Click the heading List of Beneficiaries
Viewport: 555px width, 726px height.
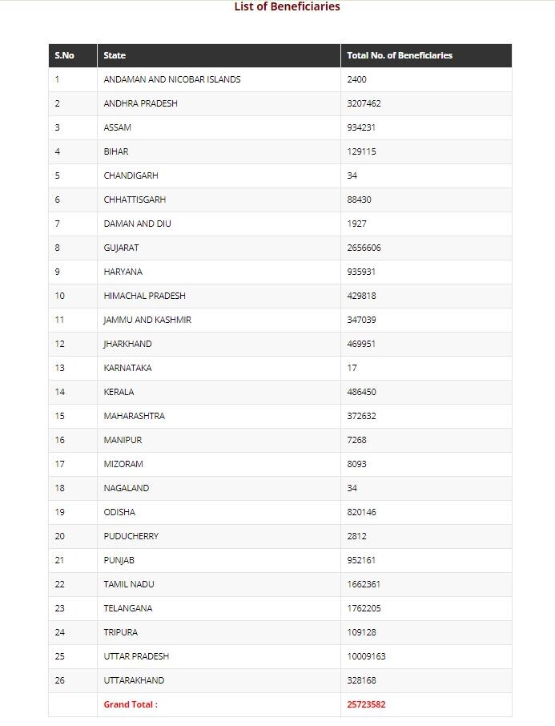tap(287, 7)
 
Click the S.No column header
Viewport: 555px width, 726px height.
tap(64, 55)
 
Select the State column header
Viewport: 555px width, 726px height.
tap(115, 55)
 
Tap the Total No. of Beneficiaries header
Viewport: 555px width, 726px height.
tap(400, 55)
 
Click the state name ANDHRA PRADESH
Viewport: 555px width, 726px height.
tap(140, 103)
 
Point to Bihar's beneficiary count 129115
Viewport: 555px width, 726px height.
tap(361, 151)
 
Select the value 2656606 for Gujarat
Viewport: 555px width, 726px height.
tap(364, 248)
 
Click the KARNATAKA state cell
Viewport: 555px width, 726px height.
tap(127, 368)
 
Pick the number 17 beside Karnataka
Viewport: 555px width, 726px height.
tap(352, 368)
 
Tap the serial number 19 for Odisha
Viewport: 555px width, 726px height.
tap(59, 512)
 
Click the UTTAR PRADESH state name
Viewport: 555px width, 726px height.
tap(136, 656)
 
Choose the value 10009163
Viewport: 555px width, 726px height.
tap(366, 656)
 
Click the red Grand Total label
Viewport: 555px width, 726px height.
tap(131, 704)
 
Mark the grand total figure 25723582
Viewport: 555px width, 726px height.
tap(366, 704)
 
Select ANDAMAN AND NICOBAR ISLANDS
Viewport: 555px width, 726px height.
tap(171, 79)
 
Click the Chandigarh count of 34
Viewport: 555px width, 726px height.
tap(352, 175)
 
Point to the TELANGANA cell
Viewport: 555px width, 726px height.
tap(127, 608)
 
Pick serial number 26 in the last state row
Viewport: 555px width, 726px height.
tap(59, 680)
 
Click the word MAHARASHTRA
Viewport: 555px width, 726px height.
tap(134, 416)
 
